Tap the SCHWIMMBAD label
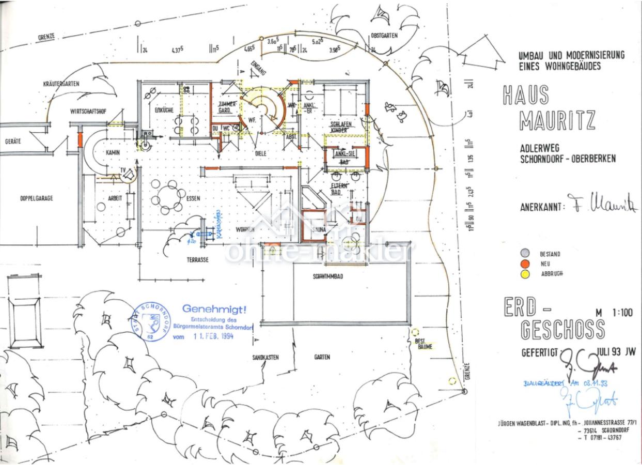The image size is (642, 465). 327,276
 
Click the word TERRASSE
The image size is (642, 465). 197,260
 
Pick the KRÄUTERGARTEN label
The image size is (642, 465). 61,84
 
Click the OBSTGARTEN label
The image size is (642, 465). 384,36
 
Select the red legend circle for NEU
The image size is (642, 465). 525,263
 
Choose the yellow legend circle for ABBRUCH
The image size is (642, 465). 525,274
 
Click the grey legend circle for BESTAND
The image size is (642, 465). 525,253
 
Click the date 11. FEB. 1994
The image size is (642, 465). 213,336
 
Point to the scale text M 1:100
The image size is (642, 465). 615,312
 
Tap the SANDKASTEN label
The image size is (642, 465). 265,357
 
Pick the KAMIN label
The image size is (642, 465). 113,153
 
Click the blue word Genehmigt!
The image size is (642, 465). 214,309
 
